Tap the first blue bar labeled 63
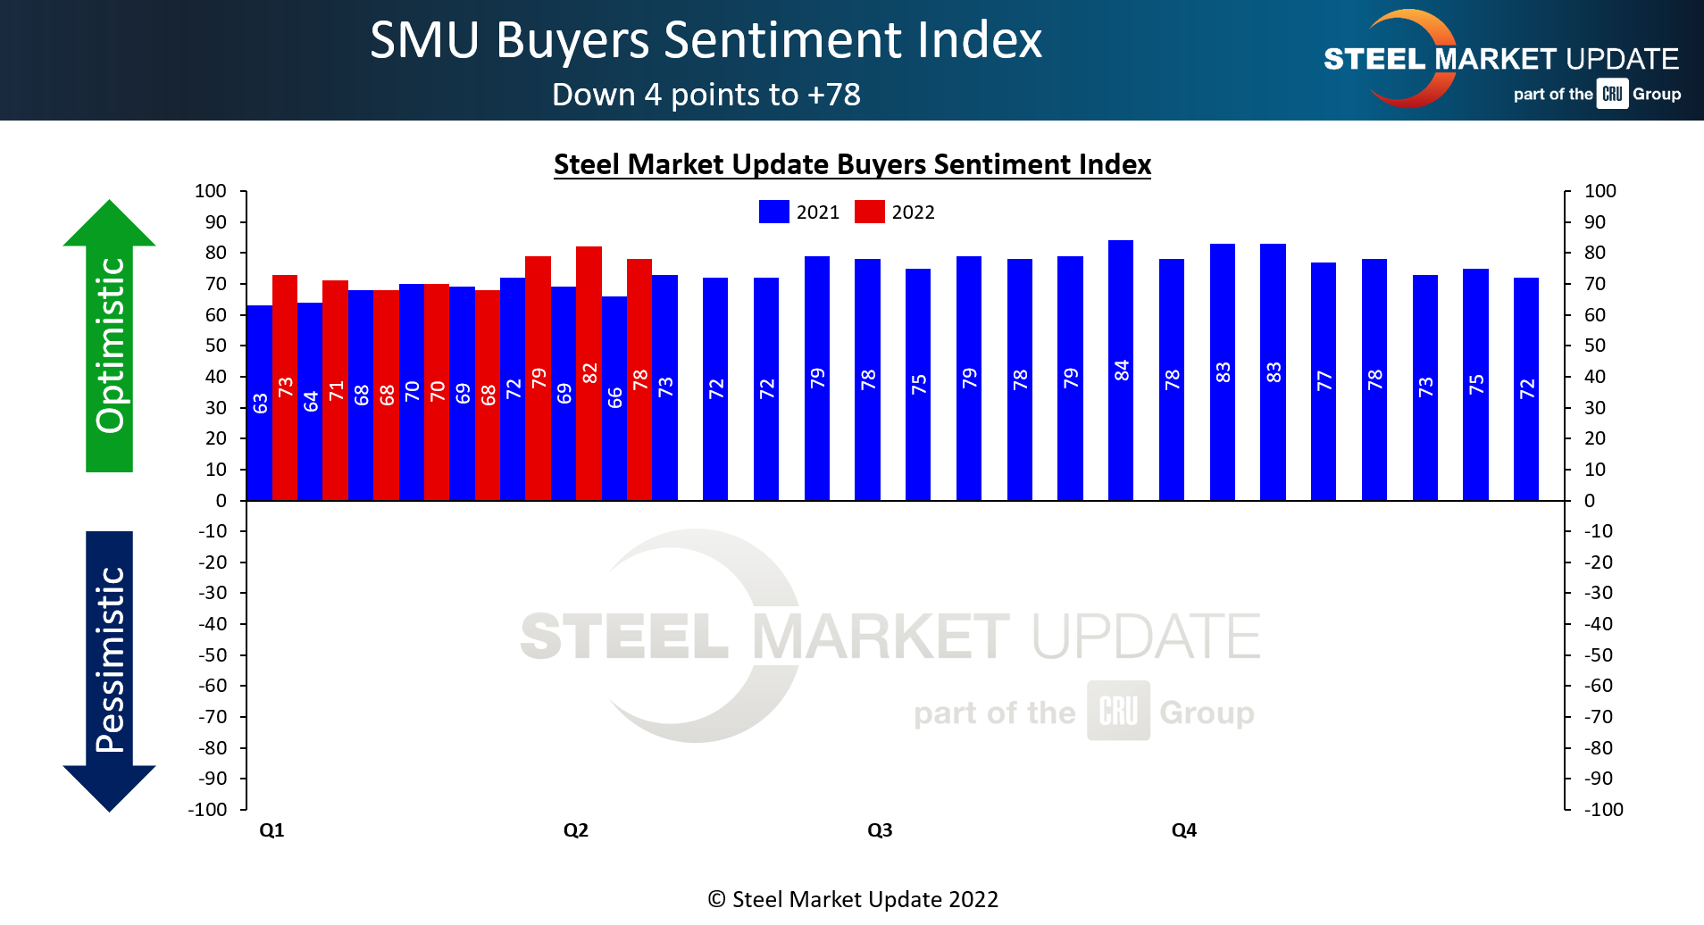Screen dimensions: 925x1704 pyautogui.click(x=259, y=403)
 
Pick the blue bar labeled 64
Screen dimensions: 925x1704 pyautogui.click(x=310, y=402)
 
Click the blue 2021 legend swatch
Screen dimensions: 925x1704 pyautogui.click(x=773, y=212)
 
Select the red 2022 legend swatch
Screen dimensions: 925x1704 pyautogui.click(x=869, y=212)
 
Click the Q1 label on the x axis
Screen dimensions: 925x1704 pyautogui.click(x=271, y=830)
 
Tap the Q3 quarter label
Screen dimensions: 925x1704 pyautogui.click(x=880, y=830)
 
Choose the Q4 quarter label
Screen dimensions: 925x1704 pyautogui.click(x=1183, y=830)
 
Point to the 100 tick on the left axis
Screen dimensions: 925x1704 pyautogui.click(x=211, y=191)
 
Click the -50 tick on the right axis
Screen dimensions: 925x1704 pyautogui.click(x=1598, y=655)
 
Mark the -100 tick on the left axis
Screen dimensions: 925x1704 pyautogui.click(x=208, y=810)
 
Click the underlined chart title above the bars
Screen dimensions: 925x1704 pyautogui.click(x=852, y=165)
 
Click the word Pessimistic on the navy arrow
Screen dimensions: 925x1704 pyautogui.click(x=110, y=661)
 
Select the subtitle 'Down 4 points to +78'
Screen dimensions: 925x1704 pyautogui.click(x=706, y=95)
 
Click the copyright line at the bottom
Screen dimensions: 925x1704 pyautogui.click(x=852, y=899)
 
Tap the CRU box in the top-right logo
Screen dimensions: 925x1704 pyautogui.click(x=1612, y=94)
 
